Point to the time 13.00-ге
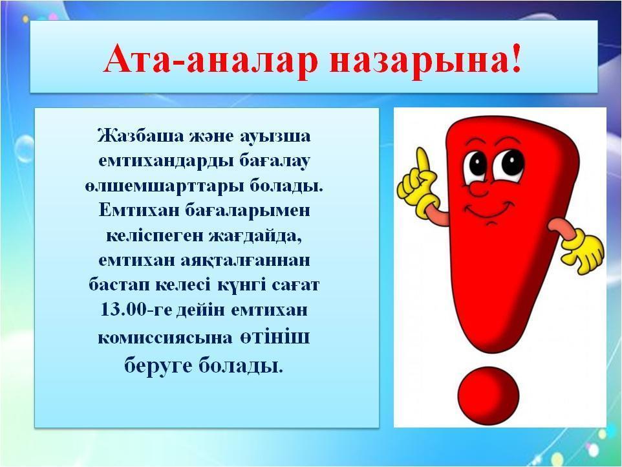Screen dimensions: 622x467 coord(136,310)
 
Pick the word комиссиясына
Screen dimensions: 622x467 coord(165,338)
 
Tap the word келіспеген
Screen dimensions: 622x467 coord(155,237)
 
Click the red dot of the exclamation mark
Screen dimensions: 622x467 coord(488,396)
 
